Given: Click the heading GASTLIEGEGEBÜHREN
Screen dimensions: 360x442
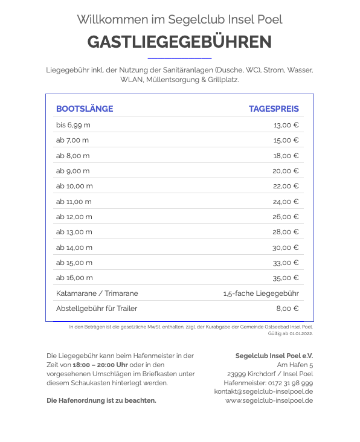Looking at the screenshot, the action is tap(179, 42).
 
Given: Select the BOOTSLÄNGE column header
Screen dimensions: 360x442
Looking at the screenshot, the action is tap(85, 109).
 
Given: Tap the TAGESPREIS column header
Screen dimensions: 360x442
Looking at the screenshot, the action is tap(274, 109).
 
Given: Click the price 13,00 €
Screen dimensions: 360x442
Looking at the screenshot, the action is tap(286, 125).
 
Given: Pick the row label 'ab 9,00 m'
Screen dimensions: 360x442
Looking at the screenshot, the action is tap(72, 171).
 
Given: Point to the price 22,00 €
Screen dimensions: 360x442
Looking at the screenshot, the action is tap(286, 186).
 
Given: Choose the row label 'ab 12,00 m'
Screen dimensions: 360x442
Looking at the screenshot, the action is tap(74, 217).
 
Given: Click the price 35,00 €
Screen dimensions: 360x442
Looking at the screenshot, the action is tap(286, 278).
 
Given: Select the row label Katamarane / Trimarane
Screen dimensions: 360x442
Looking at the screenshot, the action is tap(97, 293).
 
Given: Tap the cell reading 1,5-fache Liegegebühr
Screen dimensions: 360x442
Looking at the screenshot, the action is tap(261, 293).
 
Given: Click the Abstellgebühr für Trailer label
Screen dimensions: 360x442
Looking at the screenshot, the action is tap(97, 309).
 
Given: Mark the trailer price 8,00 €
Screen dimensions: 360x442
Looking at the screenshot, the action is tap(288, 309).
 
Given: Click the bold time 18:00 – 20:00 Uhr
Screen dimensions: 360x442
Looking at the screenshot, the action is tap(100, 365).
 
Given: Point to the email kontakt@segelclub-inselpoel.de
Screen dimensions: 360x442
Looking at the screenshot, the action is tap(263, 391).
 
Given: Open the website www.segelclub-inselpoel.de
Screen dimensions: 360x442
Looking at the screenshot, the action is tap(269, 400).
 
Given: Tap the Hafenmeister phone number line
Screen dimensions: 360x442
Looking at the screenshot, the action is tap(268, 383).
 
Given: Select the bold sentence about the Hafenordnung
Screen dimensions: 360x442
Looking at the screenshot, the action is tap(101, 400).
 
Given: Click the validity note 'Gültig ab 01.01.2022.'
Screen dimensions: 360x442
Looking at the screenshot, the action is tap(290, 333).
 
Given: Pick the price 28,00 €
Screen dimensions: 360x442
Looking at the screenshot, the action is tap(286, 232).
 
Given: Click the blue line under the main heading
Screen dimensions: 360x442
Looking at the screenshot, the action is tap(179, 58).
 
